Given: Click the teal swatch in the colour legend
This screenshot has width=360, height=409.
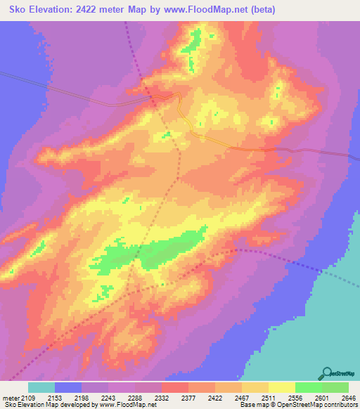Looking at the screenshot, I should click(41, 387).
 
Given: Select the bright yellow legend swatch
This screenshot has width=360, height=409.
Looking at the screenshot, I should click(282, 387).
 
